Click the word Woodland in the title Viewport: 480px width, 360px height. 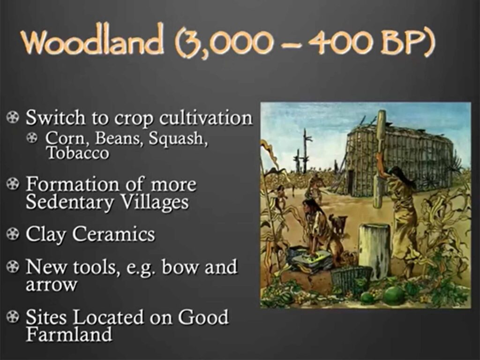[x=91, y=43]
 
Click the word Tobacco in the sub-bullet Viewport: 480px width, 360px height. [x=78, y=153]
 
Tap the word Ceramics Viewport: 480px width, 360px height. [x=113, y=234]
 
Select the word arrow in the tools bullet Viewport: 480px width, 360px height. [x=52, y=285]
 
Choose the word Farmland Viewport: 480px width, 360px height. [x=69, y=334]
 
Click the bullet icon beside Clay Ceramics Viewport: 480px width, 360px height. [x=12, y=234]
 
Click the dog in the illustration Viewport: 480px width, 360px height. [x=338, y=224]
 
